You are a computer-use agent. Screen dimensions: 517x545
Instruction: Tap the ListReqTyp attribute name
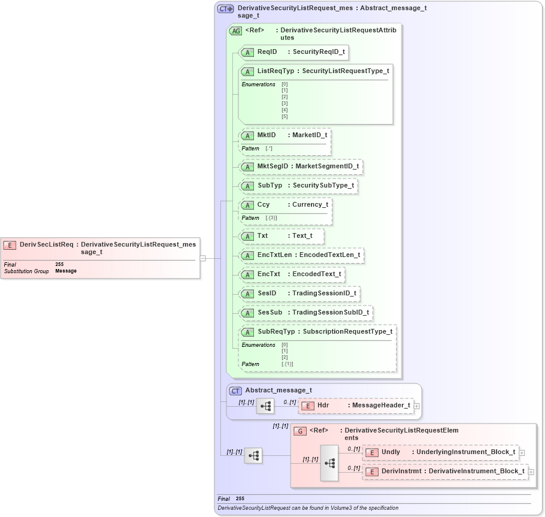click(276, 71)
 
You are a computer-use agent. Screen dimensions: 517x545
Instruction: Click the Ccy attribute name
click(264, 205)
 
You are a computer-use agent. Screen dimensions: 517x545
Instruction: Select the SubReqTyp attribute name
click(276, 332)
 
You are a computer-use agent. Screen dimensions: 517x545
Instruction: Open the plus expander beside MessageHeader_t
click(416, 406)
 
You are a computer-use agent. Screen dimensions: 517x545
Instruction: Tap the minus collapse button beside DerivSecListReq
click(203, 258)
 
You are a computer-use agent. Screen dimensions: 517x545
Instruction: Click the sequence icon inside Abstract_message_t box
click(265, 406)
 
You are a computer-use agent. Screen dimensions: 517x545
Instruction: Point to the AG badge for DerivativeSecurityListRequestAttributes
click(235, 31)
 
